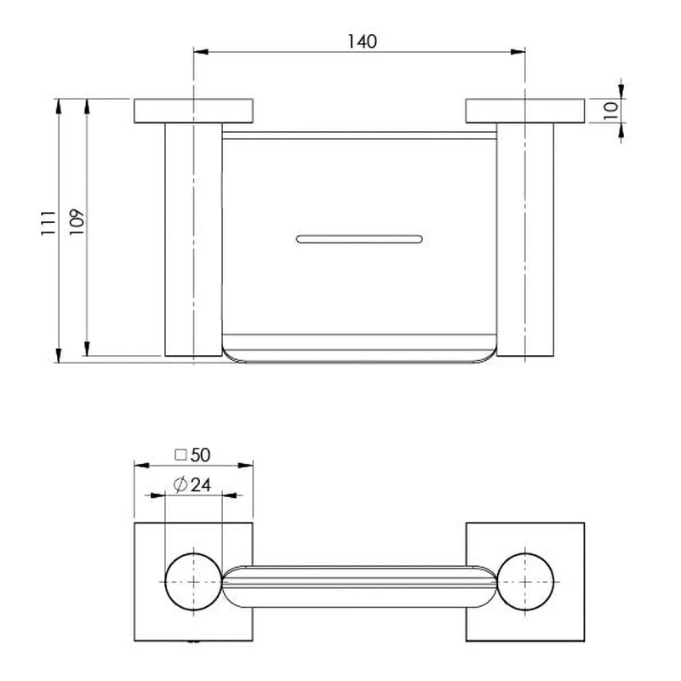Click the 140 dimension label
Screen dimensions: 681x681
coord(362,42)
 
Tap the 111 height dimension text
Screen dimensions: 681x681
coord(49,223)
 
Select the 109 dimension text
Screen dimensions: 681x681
coord(77,222)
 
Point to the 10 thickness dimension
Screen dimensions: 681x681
coord(610,111)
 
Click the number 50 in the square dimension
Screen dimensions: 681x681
coord(200,455)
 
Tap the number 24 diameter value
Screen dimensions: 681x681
coord(201,484)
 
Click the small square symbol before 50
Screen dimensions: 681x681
coord(180,455)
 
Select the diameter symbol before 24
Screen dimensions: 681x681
coord(180,484)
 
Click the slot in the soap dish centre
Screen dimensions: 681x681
coord(359,239)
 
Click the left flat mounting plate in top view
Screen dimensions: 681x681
coord(193,111)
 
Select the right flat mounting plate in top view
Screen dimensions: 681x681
coord(525,111)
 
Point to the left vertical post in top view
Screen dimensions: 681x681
coord(194,239)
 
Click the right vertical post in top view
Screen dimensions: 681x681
coord(525,239)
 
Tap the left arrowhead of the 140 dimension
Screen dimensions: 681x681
coord(201,52)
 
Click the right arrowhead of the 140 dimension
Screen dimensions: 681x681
coord(518,52)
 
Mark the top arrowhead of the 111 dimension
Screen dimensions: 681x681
coord(59,106)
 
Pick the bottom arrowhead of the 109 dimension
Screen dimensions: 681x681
coord(87,349)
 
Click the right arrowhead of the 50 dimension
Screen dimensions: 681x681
coord(246,466)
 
